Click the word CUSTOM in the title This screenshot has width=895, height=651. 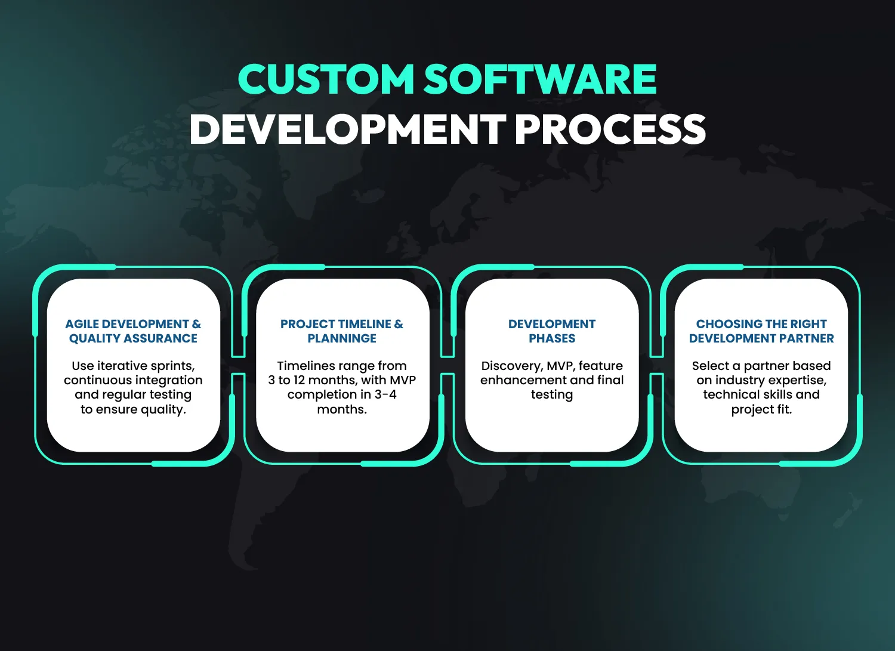326,79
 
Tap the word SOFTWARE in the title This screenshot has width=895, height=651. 540,79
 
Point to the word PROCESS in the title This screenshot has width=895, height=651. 610,129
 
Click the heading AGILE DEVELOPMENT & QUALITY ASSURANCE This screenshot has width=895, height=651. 133,331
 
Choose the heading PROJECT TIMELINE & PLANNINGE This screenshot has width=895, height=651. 342,331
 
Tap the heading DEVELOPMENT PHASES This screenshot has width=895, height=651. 552,331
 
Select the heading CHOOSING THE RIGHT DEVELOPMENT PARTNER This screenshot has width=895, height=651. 761,331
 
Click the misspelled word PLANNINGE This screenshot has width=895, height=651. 342,338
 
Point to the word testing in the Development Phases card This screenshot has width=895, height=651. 552,395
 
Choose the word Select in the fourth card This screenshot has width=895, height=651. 711,366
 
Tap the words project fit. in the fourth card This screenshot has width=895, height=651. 761,409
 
